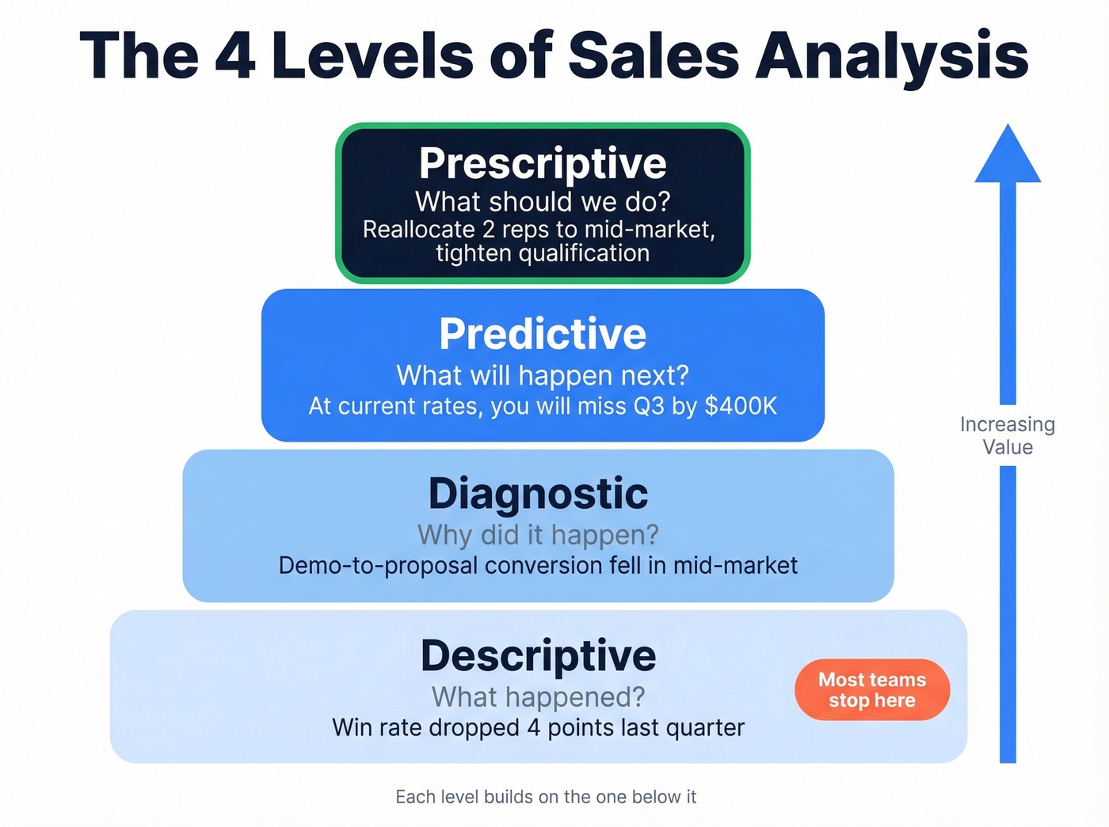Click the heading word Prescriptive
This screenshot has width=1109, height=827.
(x=543, y=164)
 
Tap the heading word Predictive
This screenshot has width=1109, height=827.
(x=543, y=333)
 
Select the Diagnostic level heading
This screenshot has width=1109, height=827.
(x=538, y=494)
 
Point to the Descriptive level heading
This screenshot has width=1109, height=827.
(x=538, y=655)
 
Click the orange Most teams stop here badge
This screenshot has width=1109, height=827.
(x=871, y=690)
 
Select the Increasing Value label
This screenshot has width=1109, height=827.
(x=1008, y=435)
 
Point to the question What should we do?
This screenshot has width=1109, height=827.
(x=543, y=202)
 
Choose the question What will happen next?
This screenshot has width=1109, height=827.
(x=543, y=375)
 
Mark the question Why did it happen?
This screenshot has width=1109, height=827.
(x=538, y=535)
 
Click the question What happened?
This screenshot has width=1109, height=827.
(x=538, y=697)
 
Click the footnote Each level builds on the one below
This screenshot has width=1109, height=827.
(x=546, y=797)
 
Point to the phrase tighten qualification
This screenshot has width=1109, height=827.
(x=543, y=253)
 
